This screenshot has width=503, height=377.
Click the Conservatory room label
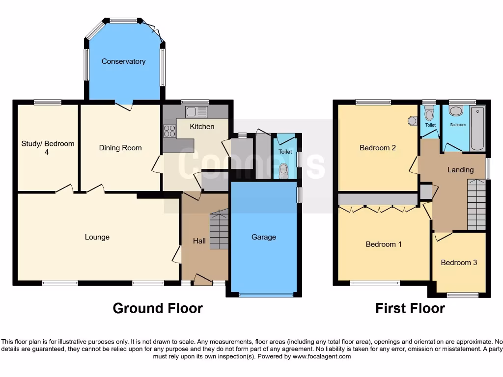123,61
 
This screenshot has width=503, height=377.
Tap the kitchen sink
196,112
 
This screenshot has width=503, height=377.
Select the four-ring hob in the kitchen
169,131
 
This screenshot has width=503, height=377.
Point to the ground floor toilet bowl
283,170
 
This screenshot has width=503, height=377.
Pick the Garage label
264,237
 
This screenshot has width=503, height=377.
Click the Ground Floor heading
158,308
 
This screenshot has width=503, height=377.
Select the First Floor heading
410,308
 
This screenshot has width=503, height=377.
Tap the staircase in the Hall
219,229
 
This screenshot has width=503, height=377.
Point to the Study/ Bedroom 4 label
48,148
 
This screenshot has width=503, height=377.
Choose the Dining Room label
120,148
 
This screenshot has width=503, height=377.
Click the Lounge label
97,237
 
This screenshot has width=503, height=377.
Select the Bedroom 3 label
459,263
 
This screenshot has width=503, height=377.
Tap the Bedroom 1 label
384,244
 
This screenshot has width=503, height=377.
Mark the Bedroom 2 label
378,148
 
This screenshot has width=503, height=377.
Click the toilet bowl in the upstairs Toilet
430,115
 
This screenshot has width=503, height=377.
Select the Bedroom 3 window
462,295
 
